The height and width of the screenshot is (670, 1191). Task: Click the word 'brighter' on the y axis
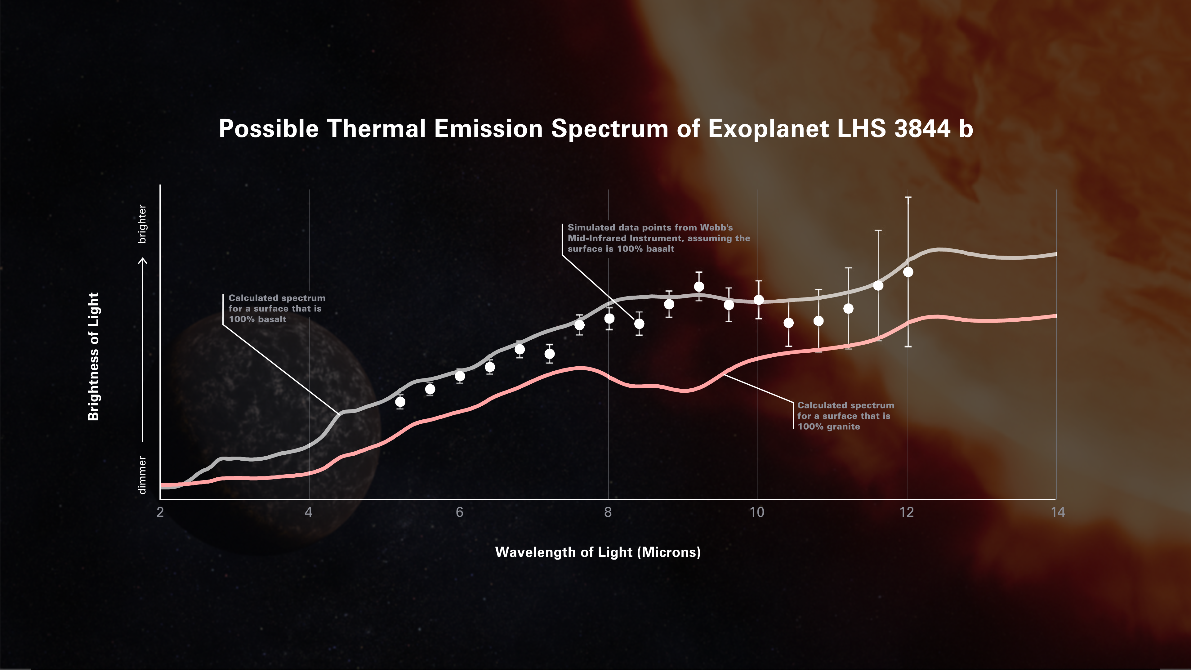(142, 224)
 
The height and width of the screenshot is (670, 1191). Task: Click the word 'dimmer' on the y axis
(142, 475)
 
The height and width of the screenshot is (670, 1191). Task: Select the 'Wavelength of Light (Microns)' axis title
(598, 552)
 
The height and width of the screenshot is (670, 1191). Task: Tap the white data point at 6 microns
(460, 376)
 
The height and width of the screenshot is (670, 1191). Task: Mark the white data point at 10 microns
(759, 300)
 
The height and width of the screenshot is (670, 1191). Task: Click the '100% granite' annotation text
(828, 426)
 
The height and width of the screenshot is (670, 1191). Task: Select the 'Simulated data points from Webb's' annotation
(649, 227)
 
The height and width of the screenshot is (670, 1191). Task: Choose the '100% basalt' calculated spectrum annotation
(257, 319)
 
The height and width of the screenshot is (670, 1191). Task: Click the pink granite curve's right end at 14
(1055, 316)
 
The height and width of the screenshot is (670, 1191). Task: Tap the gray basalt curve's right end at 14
(1055, 254)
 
